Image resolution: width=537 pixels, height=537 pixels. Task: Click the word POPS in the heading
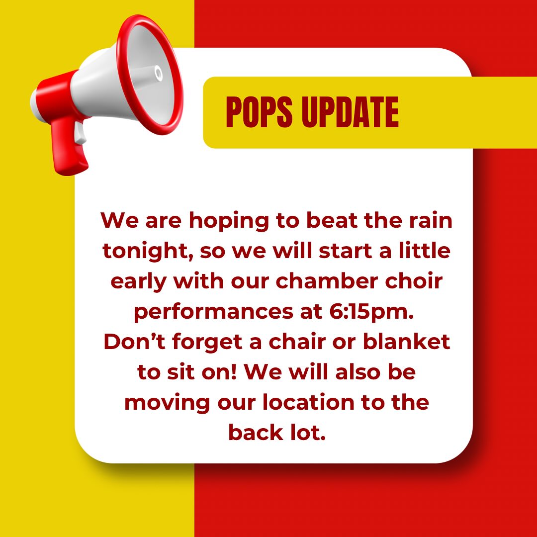coord(259,112)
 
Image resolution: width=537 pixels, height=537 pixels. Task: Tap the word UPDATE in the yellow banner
coord(350,112)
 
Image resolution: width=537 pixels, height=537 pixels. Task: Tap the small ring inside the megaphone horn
coord(158,73)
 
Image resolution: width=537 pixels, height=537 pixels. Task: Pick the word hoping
coord(229,222)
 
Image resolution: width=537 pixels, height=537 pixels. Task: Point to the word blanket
coord(406,342)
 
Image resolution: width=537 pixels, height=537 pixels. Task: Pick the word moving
coord(167,403)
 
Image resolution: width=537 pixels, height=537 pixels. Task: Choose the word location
coord(308,402)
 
